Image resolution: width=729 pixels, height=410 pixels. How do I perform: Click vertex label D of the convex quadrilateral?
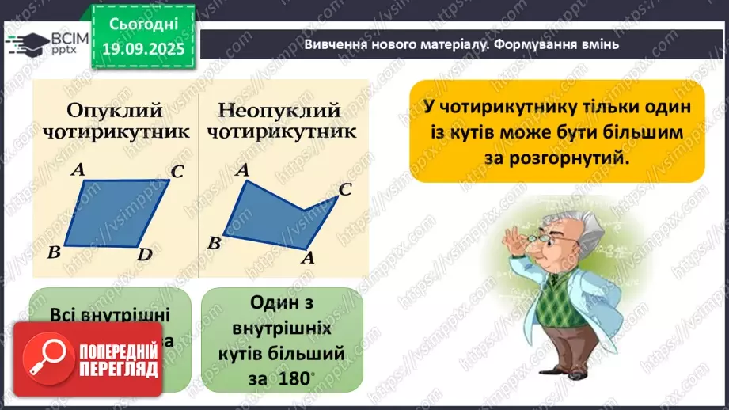[x=144, y=254]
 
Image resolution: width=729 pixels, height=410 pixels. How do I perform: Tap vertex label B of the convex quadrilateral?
[x=55, y=252]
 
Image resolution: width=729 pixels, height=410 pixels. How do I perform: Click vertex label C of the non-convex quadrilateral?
[x=345, y=189]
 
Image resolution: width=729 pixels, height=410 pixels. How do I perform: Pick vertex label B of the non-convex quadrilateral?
[x=213, y=243]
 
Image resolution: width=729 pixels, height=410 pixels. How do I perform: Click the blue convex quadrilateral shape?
[x=116, y=213]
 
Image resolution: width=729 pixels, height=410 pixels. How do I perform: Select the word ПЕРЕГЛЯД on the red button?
[x=119, y=370]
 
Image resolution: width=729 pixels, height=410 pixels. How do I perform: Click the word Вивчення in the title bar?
[x=333, y=45]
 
